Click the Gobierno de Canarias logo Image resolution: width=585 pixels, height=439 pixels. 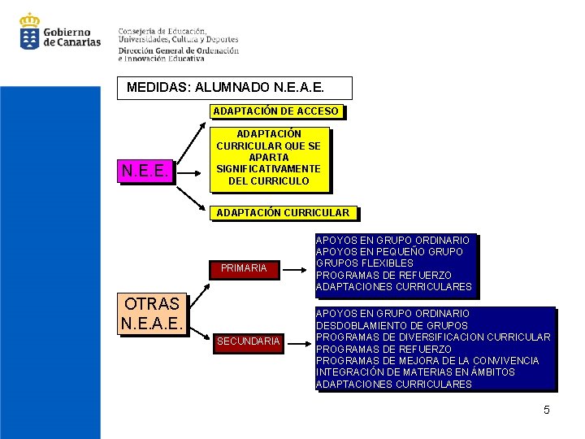coord(59,33)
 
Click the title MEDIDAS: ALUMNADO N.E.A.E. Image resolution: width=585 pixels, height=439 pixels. coord(236,88)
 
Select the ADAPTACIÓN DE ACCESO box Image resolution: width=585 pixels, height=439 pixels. coord(275,111)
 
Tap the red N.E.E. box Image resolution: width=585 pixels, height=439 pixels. coord(145,171)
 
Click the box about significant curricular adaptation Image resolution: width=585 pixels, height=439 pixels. coord(268,158)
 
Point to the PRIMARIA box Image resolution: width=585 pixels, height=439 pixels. coord(244,268)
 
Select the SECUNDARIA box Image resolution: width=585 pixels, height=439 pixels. coord(248,341)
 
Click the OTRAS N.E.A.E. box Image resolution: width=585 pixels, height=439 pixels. coord(152,314)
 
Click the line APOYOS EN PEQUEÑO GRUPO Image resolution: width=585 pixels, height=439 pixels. coord(388,252)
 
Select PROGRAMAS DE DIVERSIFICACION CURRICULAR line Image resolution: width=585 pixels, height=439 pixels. coord(432,337)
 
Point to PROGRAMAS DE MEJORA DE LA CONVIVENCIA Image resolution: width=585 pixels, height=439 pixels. coord(427,360)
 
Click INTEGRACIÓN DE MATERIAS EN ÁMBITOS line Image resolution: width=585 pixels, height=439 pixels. coord(414,372)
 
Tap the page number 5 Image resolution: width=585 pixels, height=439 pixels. coord(547,410)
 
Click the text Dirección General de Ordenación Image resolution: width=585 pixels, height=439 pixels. coord(178,49)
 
